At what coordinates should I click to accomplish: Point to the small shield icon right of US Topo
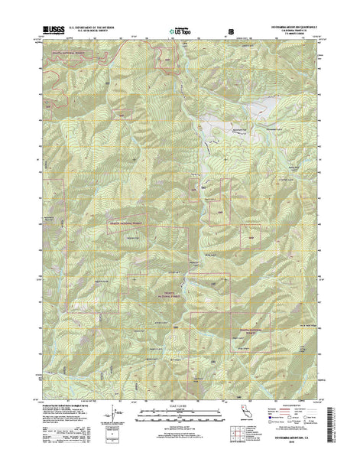click(x=230, y=31)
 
